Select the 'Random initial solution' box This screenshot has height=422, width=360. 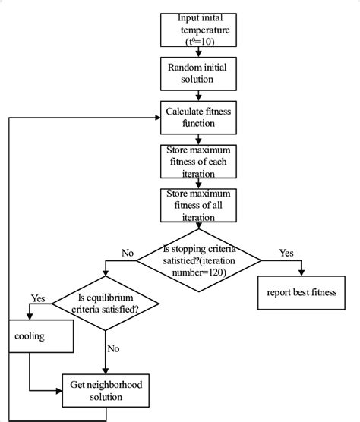[x=198, y=73]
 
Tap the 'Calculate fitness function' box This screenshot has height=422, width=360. [x=198, y=118]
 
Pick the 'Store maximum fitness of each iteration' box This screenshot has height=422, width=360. [x=198, y=161]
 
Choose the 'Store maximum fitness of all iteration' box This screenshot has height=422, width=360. [x=198, y=205]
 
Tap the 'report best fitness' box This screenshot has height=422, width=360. [x=302, y=292]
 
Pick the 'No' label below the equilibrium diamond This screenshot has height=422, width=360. [x=113, y=350]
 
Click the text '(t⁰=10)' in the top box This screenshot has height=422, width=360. [x=198, y=42]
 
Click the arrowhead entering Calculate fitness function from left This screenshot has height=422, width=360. [x=156, y=118]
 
